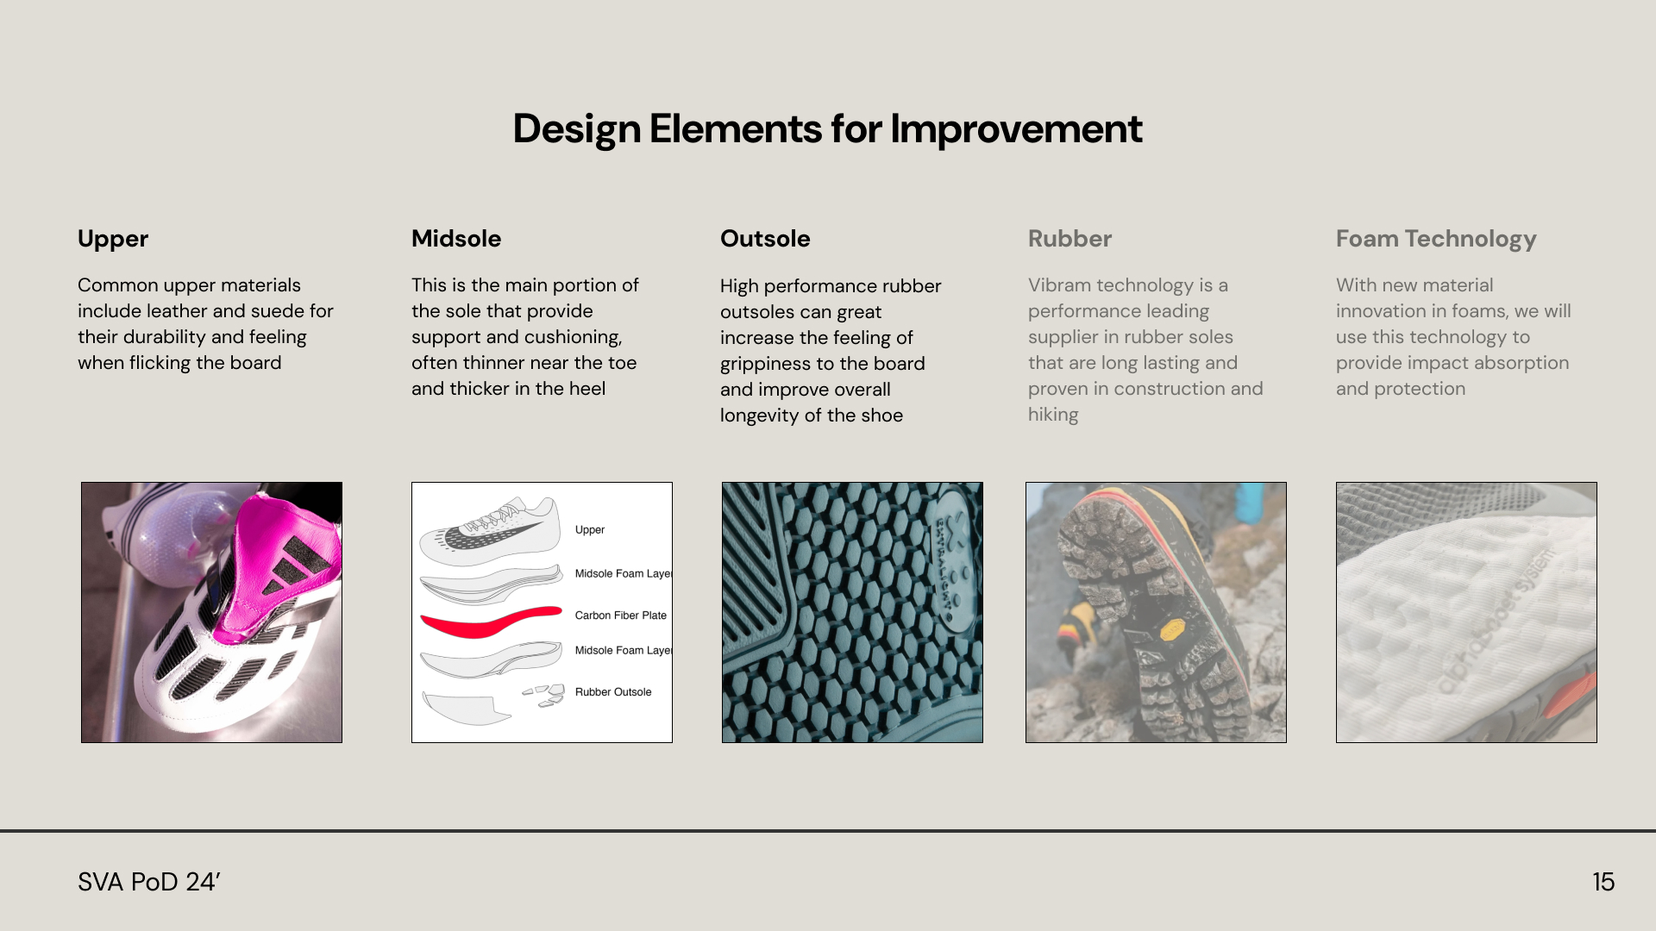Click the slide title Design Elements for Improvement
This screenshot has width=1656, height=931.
point(827,129)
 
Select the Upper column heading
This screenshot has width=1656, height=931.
point(113,239)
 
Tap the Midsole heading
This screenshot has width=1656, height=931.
point(455,239)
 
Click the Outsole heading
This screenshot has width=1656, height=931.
point(764,239)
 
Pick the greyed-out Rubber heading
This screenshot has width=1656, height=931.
point(1069,239)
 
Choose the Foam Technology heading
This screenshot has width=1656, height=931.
point(1435,239)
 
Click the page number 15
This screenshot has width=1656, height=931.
point(1603,882)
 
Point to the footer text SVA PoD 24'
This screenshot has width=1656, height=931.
point(149,882)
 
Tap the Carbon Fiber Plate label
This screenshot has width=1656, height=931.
point(620,615)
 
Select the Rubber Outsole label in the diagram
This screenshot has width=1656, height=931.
point(612,692)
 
